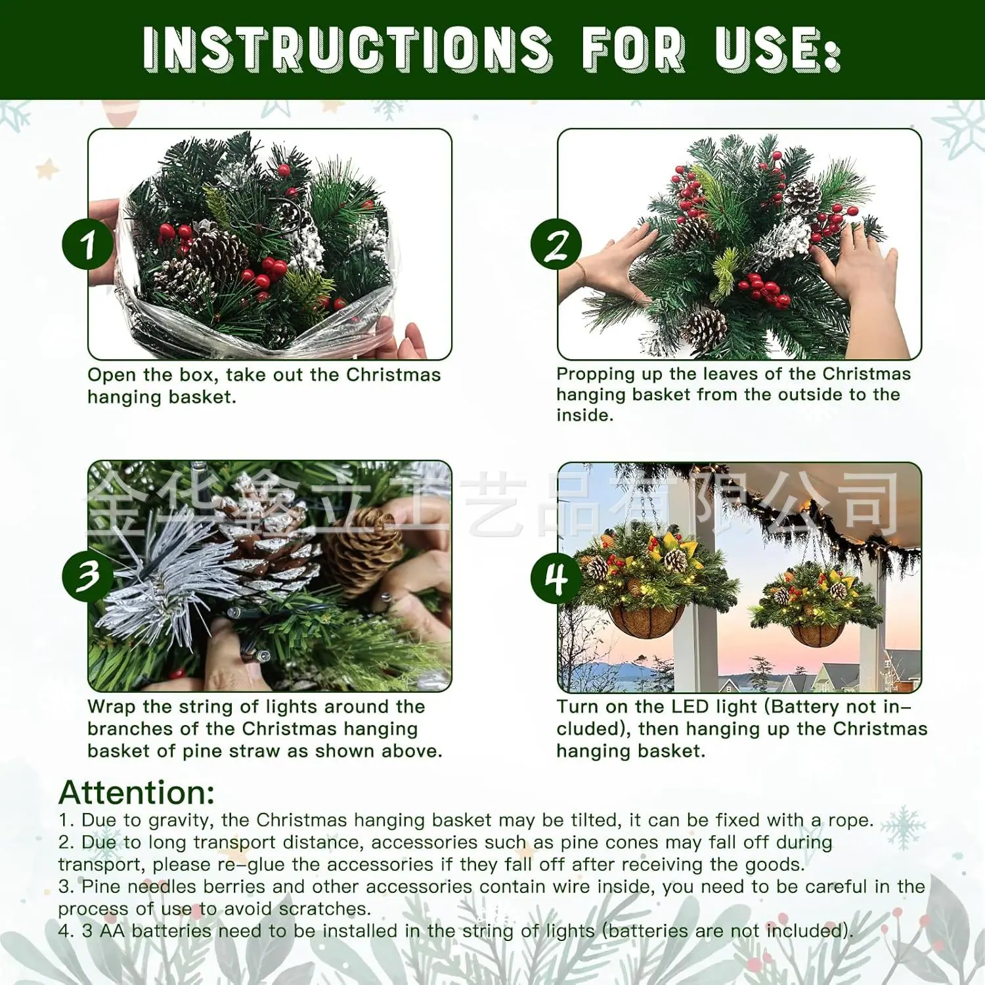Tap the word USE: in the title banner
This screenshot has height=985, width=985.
point(778,49)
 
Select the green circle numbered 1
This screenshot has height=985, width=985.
point(88,244)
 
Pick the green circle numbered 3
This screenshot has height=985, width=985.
point(88,576)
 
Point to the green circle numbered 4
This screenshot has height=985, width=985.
point(556,579)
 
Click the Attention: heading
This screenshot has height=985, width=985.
point(137,793)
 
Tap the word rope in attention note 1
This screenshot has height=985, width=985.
point(849,821)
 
